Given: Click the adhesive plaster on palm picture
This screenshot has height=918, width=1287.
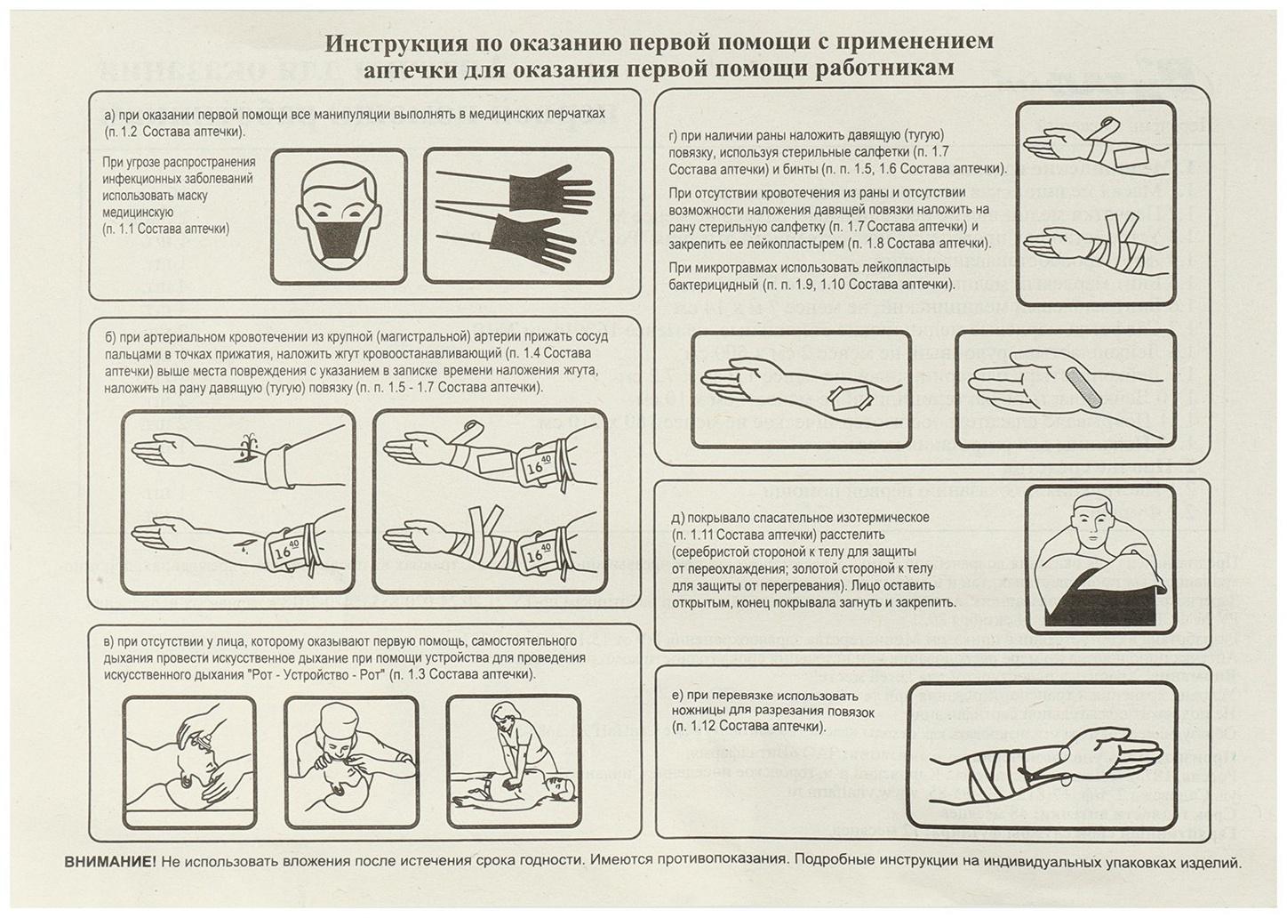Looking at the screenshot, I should tap(1064, 389).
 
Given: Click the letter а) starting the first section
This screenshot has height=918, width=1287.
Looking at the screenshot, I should tap(109, 115).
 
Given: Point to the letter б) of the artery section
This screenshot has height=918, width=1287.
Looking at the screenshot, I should tap(109, 337).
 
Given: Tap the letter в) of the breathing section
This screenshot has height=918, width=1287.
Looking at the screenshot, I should tap(109, 641).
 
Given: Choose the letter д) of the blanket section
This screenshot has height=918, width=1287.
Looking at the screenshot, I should tap(677, 518).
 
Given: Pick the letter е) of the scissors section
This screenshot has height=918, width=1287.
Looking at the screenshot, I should tap(677, 696).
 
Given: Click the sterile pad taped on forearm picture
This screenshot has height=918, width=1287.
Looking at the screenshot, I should tap(800, 389).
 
